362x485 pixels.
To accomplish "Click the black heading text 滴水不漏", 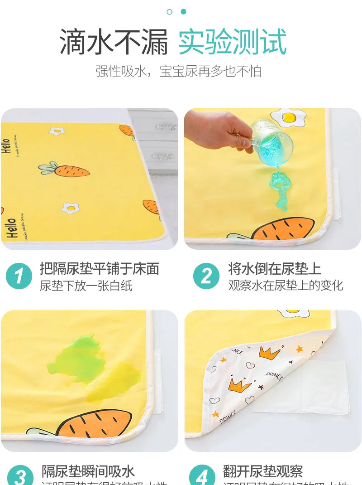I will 114,42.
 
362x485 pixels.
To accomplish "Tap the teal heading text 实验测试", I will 233,42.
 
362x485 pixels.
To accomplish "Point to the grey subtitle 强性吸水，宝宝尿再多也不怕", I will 178,72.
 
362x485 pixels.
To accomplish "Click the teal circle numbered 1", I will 19,276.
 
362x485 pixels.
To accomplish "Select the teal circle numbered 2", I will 206,276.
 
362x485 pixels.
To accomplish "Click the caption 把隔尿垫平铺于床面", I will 100,269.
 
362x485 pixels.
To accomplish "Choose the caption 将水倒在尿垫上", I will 275,269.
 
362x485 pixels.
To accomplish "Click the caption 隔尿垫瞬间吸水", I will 88,471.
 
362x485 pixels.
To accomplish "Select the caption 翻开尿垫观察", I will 263,471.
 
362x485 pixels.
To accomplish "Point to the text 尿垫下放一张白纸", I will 86,286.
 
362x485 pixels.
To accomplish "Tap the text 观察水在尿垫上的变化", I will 286,286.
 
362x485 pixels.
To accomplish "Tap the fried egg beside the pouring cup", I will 290,118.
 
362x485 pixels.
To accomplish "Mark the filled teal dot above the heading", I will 183,11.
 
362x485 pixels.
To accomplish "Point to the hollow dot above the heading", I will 170,11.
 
